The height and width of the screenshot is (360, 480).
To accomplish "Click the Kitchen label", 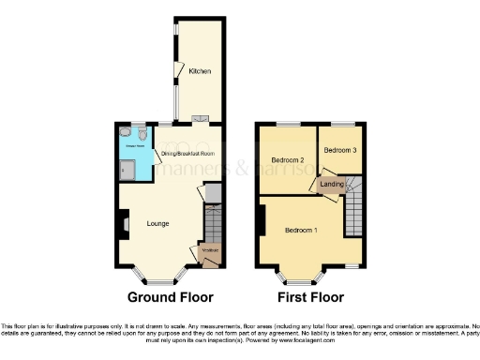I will pyautogui.click(x=199, y=71).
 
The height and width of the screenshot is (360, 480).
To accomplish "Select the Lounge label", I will pyautogui.click(x=157, y=223).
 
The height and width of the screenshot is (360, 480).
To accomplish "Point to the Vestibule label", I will pyautogui.click(x=210, y=249).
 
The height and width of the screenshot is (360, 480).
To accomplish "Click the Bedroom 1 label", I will pyautogui.click(x=301, y=231).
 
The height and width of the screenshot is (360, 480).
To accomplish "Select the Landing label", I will pyautogui.click(x=332, y=184).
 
